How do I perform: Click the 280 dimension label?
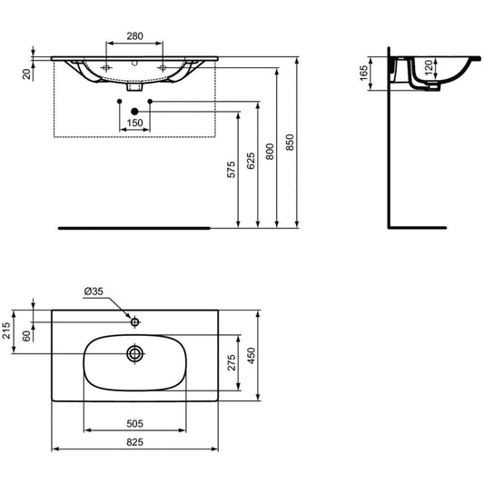coord(135,36)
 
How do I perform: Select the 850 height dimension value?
coord(291,143)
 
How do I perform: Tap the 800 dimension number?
coord(270,152)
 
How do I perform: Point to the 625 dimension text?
coord(251,161)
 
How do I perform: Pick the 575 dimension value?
coord(232,170)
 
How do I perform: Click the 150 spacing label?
coord(135,123)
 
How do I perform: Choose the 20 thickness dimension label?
coord(27,74)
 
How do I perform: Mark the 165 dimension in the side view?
coord(364,74)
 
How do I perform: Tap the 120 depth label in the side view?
coord(429,68)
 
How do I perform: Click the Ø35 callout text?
coord(94,291)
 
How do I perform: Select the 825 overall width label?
coord(135,442)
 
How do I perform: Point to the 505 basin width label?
coord(135,424)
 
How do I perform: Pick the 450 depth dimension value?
coord(252,356)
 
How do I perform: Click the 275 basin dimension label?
coord(232,362)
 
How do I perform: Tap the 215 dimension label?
coord(6,331)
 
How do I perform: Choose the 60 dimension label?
coord(27,336)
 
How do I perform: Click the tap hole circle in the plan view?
coord(135,322)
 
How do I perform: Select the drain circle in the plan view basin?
coord(135,353)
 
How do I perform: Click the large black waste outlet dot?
coord(134,112)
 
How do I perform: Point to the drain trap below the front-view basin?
coord(134,87)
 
